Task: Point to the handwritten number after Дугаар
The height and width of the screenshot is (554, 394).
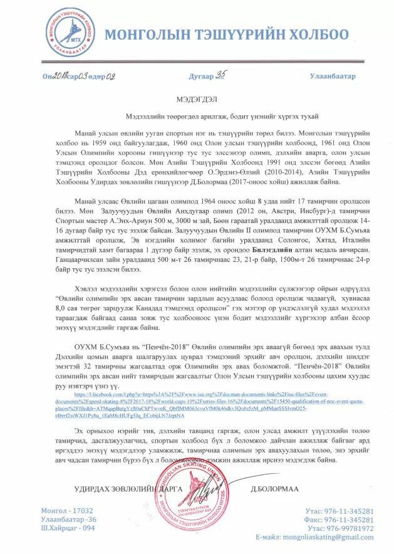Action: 222,75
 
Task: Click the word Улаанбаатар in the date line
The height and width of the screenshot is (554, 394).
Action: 332,76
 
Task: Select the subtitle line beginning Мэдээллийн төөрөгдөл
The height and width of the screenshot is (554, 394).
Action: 196,117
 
